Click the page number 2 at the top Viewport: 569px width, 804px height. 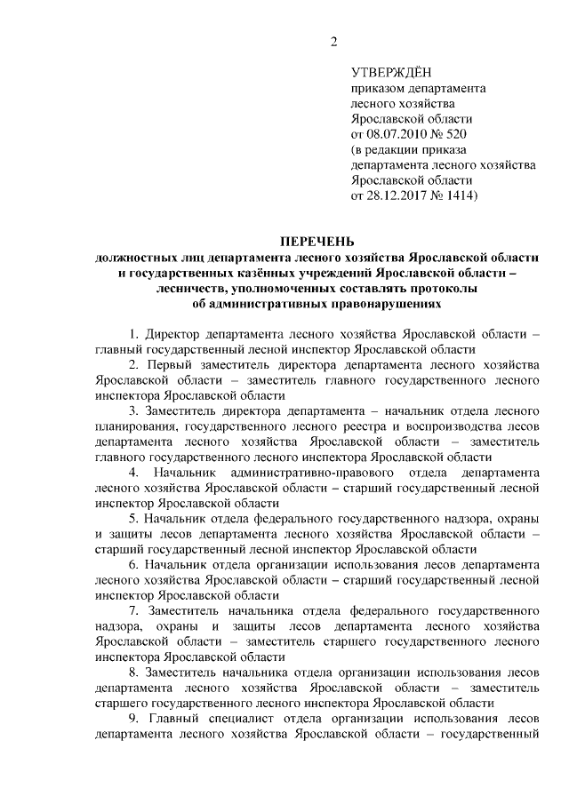point(333,42)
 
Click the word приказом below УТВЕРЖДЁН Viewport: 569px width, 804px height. point(380,89)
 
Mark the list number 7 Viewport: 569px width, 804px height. point(132,611)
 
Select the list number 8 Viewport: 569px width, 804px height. point(132,672)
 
